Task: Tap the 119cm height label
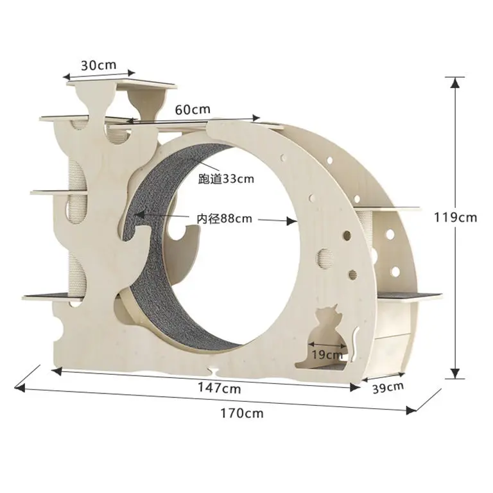455,217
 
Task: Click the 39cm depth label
388,386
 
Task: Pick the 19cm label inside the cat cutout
327,354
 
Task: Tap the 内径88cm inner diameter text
224,219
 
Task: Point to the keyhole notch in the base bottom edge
212,371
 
